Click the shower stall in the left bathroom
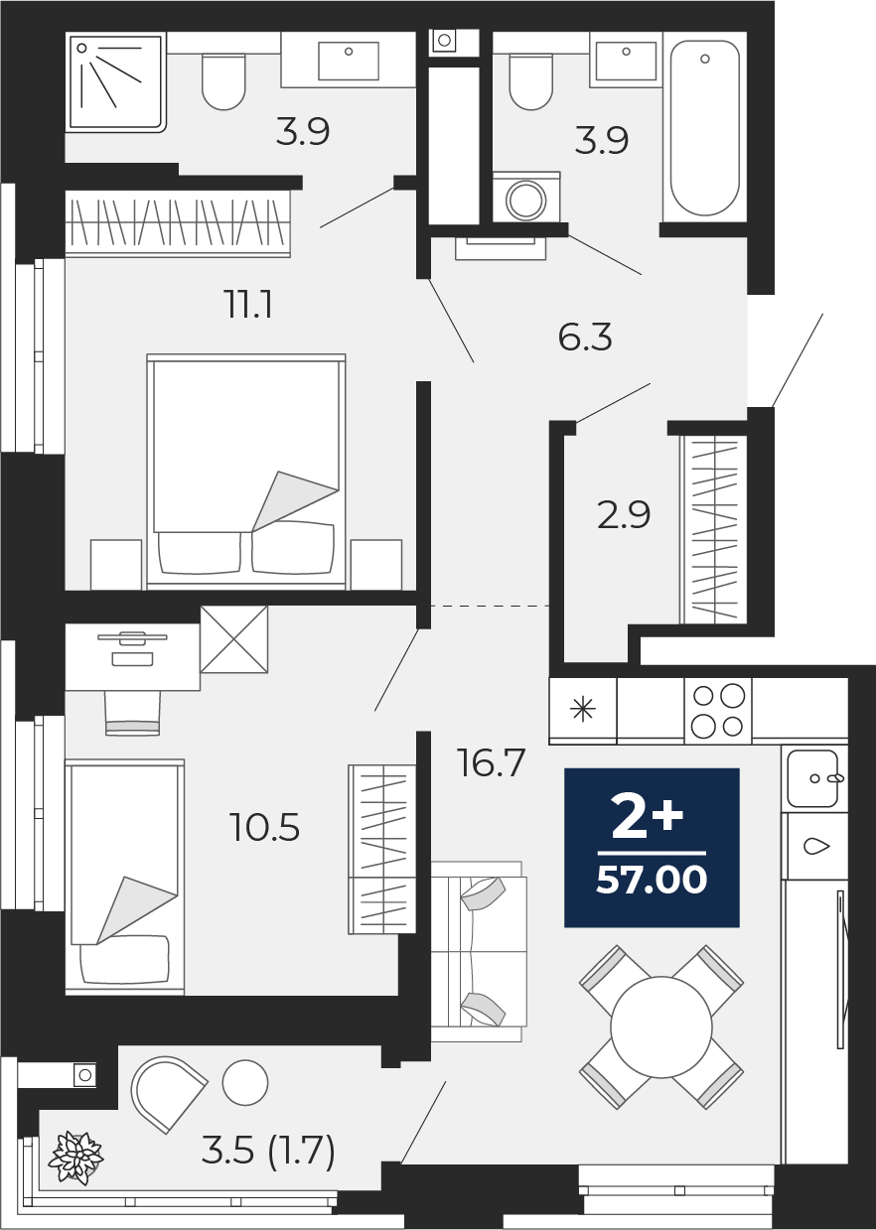[115, 81]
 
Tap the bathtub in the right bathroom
[704, 126]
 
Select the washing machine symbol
[525, 200]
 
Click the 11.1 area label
[247, 305]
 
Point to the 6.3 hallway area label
[585, 338]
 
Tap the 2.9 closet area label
[624, 515]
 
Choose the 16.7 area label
[491, 763]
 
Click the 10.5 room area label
[265, 827]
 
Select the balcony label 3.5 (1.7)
[268, 1152]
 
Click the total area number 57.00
[652, 880]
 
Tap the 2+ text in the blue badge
[647, 818]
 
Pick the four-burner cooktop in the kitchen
[718, 710]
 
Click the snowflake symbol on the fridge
[582, 710]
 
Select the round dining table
[661, 1027]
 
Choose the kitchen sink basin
[812, 777]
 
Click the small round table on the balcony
[245, 1083]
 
